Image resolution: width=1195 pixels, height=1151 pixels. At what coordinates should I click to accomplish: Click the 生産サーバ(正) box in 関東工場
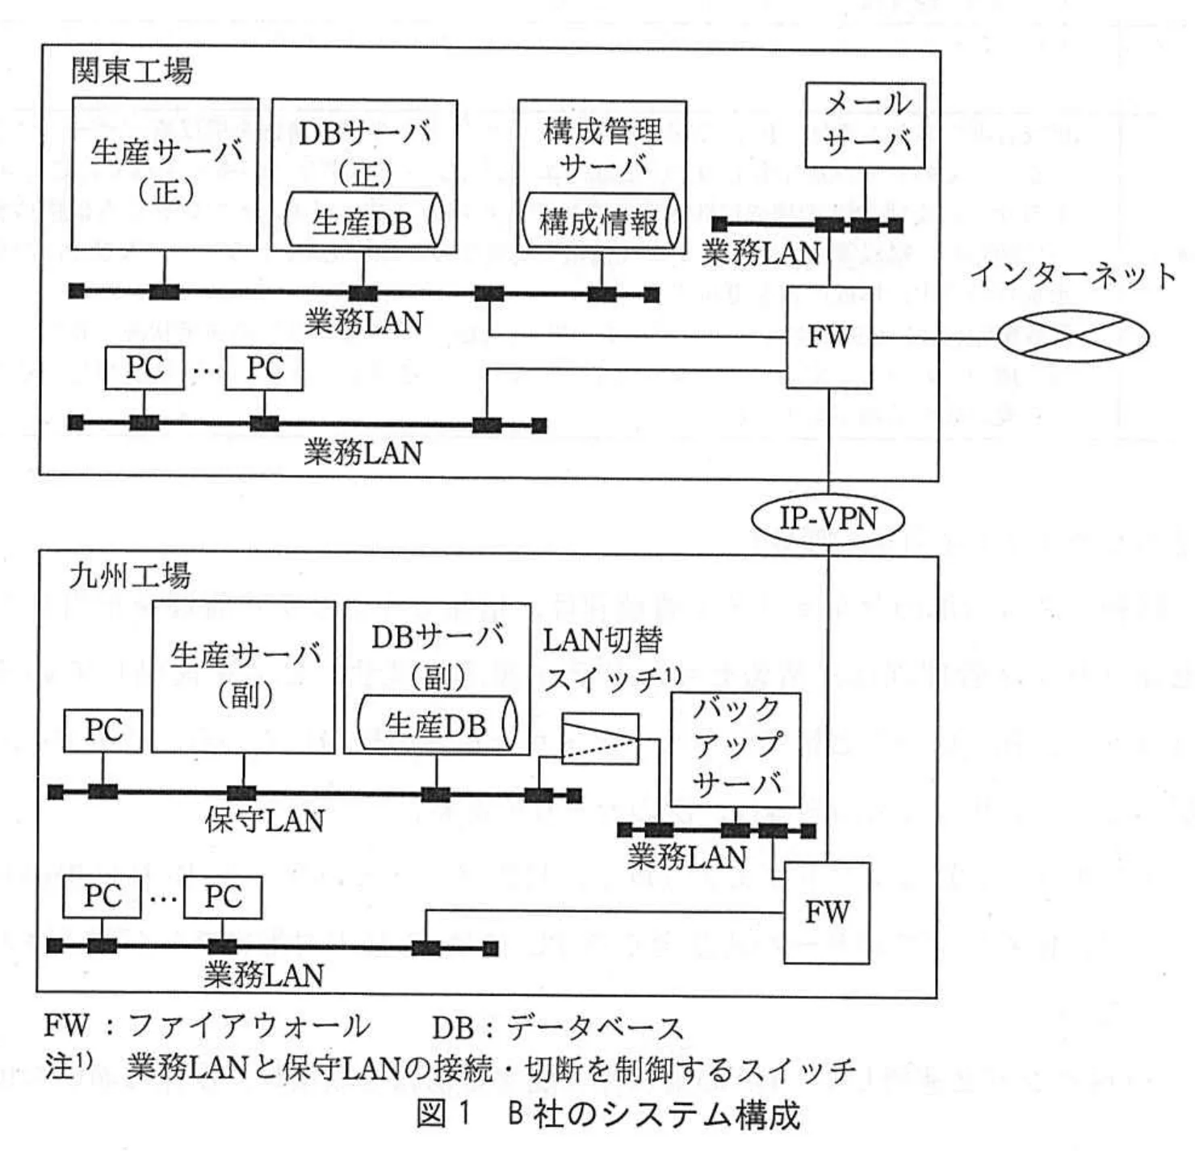click(165, 174)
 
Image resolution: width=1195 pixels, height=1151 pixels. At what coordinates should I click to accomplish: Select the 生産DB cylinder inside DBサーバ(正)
click(363, 222)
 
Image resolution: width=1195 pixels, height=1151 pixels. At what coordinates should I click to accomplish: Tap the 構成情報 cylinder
click(601, 221)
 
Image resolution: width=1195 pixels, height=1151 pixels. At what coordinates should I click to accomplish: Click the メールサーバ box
click(866, 125)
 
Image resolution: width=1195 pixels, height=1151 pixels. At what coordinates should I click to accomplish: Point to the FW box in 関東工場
click(828, 338)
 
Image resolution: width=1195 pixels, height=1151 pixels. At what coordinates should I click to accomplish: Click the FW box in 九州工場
click(827, 913)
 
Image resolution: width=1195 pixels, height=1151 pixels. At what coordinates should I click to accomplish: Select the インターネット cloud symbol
click(1072, 336)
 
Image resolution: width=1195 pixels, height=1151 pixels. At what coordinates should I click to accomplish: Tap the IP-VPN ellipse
click(828, 519)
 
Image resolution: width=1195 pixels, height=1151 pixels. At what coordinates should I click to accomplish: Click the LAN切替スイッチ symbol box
click(600, 738)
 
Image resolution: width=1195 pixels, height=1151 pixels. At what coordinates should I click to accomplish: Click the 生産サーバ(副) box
click(243, 677)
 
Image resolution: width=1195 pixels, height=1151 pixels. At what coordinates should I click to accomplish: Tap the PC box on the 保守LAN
click(103, 730)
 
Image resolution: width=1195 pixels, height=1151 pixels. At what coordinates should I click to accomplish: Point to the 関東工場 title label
click(132, 71)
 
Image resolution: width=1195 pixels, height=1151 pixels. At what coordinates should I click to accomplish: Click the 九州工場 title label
click(130, 576)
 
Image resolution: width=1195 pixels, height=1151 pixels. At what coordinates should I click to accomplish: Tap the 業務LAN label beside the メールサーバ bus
click(760, 254)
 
